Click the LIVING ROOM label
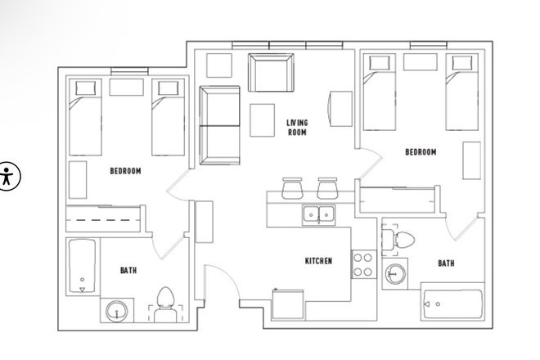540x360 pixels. (296, 127)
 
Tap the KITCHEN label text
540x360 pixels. (318, 261)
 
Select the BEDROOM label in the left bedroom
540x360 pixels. (125, 171)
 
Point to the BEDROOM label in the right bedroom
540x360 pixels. (421, 152)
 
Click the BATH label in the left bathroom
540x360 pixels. (128, 270)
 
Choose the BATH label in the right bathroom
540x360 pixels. (446, 263)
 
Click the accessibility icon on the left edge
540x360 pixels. (9, 177)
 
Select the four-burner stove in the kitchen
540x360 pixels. (362, 264)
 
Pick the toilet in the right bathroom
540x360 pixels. (400, 240)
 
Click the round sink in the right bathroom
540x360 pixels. (395, 272)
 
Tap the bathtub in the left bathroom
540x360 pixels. (82, 268)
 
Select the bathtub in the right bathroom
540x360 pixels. (452, 304)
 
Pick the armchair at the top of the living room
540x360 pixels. (270, 73)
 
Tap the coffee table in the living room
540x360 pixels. (263, 120)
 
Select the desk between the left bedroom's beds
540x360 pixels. (125, 87)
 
